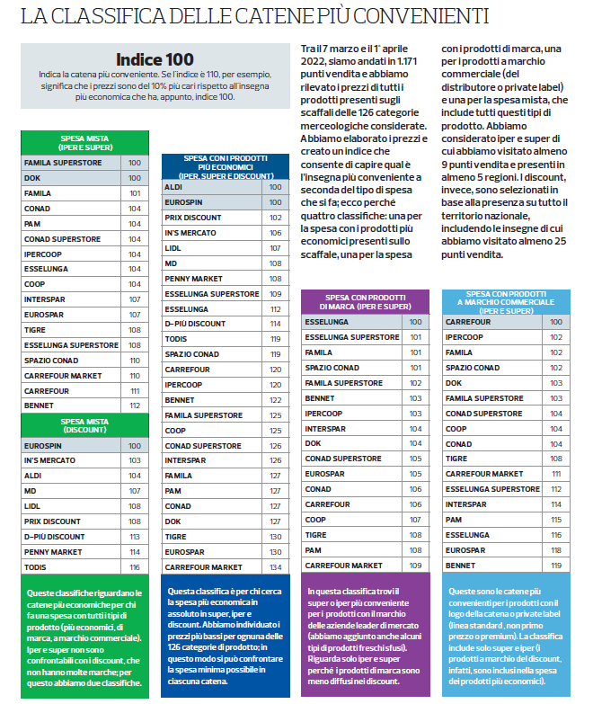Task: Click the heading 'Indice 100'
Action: pyautogui.click(x=155, y=59)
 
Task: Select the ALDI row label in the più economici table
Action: pyautogui.click(x=173, y=187)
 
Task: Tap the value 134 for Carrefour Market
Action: pyautogui.click(x=275, y=567)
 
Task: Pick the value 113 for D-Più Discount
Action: pyautogui.click(x=135, y=536)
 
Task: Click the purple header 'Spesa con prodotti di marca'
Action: pyautogui.click(x=364, y=302)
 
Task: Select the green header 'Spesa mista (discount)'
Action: pyautogui.click(x=84, y=425)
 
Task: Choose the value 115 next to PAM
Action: pyautogui.click(x=556, y=520)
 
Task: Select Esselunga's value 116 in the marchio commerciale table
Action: pyautogui.click(x=556, y=535)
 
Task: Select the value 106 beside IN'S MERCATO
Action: pyautogui.click(x=275, y=233)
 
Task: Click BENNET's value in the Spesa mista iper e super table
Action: pyautogui.click(x=135, y=405)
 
